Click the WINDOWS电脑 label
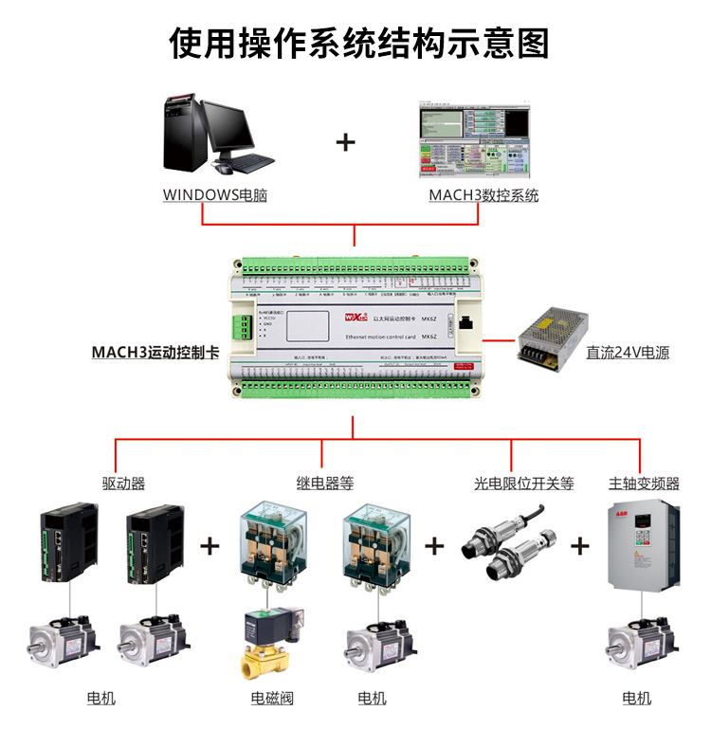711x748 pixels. coord(214,195)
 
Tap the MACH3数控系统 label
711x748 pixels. coord(483,195)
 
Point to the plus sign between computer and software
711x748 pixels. coord(346,143)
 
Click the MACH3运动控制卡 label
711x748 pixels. coord(155,352)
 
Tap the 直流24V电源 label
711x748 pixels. coord(628,353)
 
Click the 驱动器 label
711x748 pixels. coord(123,483)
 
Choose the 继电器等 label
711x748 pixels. coord(324,483)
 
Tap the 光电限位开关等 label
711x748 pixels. coord(524,483)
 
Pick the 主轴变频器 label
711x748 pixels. coord(644,483)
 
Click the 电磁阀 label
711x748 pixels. coord(272,699)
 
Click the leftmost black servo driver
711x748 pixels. coord(68,544)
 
